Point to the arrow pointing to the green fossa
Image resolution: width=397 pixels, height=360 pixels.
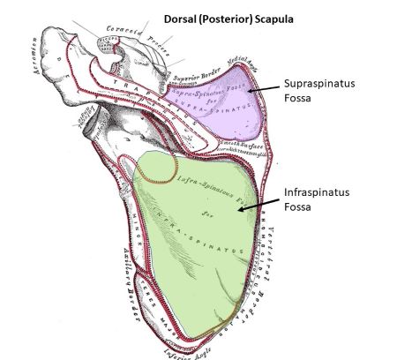click(258, 205)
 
